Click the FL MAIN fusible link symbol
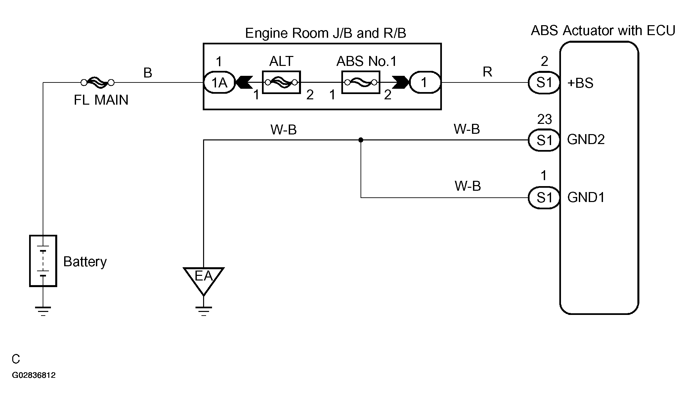98,82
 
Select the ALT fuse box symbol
281,82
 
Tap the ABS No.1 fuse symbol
361,82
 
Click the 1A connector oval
219,82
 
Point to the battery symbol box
43,261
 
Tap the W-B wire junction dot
361,140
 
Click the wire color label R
487,72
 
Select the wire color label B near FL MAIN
148,73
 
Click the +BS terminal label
580,83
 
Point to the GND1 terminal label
586,198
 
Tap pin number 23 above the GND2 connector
544,119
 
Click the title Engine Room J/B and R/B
325,33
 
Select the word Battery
85,262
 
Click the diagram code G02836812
34,375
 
